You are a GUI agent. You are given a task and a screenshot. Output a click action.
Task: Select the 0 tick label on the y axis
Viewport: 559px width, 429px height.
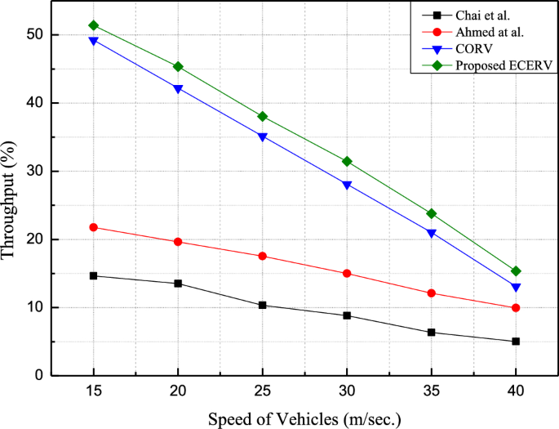tap(38, 376)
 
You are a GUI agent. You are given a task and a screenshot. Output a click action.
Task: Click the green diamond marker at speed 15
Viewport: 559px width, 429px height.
tap(93, 25)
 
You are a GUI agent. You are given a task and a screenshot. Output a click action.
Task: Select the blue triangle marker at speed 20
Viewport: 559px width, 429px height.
tap(178, 88)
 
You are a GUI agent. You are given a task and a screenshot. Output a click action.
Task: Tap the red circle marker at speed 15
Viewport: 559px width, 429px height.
tap(93, 227)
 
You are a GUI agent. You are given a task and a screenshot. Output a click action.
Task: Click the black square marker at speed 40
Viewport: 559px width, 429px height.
tap(516, 342)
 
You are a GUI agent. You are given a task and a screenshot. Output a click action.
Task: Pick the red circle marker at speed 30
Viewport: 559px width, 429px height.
tap(347, 274)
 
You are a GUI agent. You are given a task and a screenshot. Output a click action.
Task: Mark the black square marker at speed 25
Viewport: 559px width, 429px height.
tap(262, 305)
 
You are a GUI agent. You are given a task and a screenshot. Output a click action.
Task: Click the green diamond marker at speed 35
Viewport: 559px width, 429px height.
tap(431, 213)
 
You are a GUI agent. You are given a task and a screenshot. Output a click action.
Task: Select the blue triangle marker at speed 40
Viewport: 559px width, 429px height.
tap(516, 288)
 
